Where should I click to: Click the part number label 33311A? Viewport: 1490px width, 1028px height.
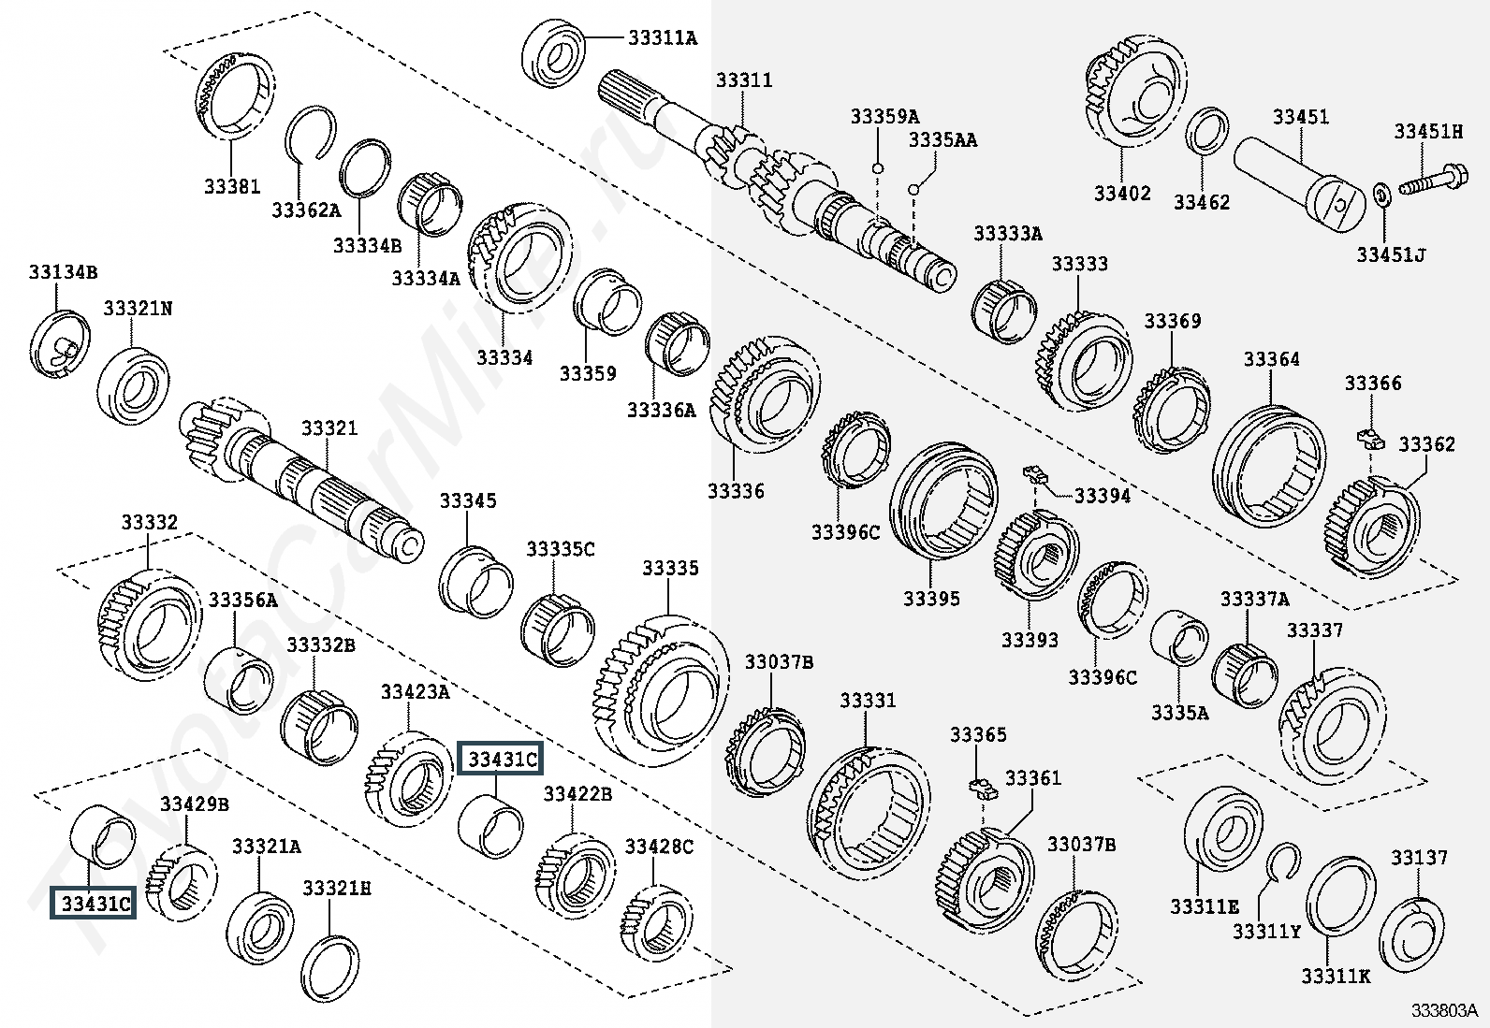(664, 38)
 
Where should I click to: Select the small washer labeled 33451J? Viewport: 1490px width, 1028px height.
(1381, 196)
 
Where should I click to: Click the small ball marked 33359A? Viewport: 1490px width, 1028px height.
(877, 168)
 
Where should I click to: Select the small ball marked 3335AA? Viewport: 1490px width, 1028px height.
(914, 190)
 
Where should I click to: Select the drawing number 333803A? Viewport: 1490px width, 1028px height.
(1444, 1011)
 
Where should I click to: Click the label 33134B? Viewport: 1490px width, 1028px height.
(64, 272)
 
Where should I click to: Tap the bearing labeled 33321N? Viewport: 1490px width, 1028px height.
(133, 385)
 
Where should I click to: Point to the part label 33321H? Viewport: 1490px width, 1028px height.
(337, 889)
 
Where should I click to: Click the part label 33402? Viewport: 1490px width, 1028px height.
(1123, 194)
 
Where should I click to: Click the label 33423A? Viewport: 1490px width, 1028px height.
(415, 692)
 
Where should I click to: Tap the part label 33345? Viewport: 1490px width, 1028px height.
(468, 500)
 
